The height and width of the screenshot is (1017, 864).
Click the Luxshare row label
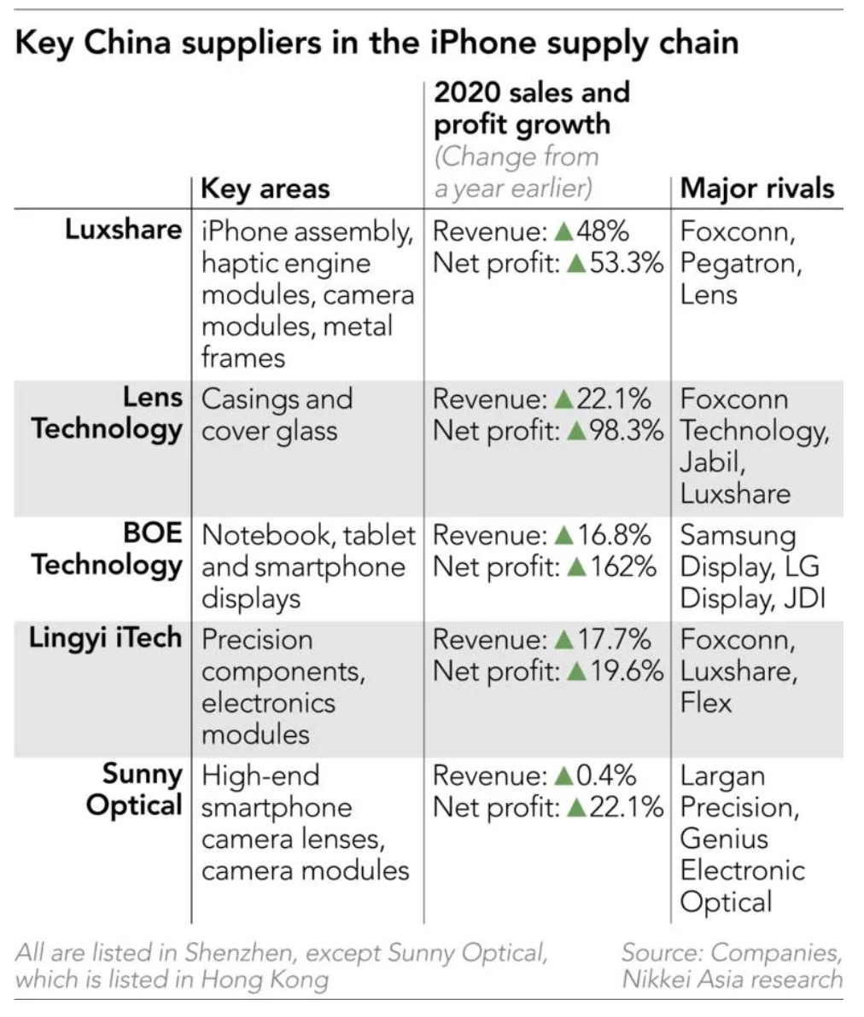[123, 230]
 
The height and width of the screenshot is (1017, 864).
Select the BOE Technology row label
[107, 549]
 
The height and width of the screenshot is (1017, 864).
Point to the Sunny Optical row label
[134, 790]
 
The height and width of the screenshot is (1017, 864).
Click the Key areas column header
[265, 188]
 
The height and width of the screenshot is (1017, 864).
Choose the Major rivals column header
[756, 188]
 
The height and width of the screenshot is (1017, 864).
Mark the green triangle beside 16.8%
[563, 536]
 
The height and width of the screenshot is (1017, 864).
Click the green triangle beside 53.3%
[575, 264]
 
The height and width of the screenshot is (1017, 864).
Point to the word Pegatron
[740, 263]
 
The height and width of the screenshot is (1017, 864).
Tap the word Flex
[706, 702]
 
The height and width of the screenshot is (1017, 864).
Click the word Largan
[722, 776]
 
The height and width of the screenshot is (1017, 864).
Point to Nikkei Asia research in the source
[732, 979]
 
